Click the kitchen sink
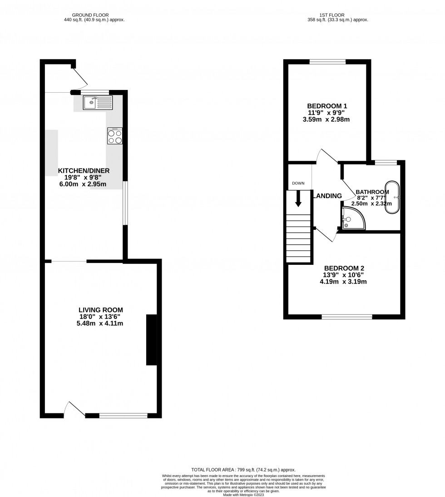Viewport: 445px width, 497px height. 97,103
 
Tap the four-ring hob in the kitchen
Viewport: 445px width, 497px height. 114,136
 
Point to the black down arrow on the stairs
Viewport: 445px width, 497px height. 298,199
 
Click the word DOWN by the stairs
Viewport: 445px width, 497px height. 298,183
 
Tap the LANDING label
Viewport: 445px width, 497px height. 328,196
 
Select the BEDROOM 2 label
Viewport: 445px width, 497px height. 343,268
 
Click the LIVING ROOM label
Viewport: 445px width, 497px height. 101,310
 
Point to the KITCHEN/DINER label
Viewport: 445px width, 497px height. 84,171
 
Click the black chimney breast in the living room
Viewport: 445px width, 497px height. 151,340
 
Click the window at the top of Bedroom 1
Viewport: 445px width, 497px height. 327,61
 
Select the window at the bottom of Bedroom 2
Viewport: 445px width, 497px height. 347,316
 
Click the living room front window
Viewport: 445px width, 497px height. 123,415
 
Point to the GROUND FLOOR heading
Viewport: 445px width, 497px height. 94,14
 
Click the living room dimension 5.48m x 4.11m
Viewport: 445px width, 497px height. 101,323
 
